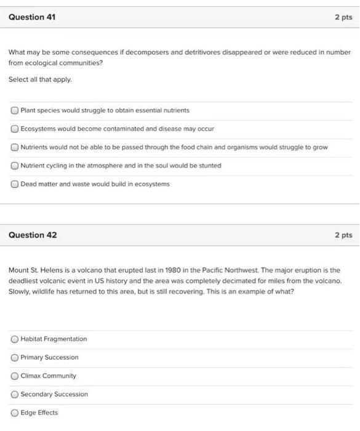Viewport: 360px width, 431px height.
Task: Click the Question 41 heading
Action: pyautogui.click(x=32, y=17)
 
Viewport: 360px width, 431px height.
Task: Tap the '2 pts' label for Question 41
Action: pyautogui.click(x=343, y=17)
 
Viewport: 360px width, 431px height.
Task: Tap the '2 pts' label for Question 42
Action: pyautogui.click(x=343, y=235)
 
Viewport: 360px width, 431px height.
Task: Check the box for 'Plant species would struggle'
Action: pyautogui.click(x=14, y=111)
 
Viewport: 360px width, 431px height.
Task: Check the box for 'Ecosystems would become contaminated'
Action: pyautogui.click(x=14, y=129)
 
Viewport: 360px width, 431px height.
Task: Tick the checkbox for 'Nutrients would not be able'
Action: pyautogui.click(x=14, y=148)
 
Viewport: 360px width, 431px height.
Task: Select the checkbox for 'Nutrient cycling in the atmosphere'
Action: pyautogui.click(x=14, y=166)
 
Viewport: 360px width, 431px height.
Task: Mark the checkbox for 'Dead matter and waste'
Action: pyautogui.click(x=14, y=184)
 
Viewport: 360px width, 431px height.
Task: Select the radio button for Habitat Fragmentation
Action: pyautogui.click(x=14, y=339)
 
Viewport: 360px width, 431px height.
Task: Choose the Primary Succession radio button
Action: pyautogui.click(x=14, y=358)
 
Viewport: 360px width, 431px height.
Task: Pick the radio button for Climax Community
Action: pyautogui.click(x=14, y=376)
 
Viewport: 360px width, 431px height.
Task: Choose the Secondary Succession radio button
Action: pyautogui.click(x=14, y=395)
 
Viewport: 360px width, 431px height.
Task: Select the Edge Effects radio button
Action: pyautogui.click(x=14, y=413)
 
